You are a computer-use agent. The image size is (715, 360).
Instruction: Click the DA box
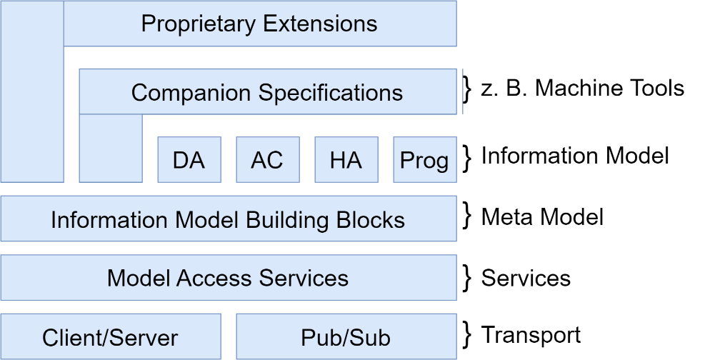[x=189, y=160]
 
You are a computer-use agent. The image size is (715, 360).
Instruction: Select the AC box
[x=267, y=160]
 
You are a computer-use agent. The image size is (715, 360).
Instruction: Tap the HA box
[x=346, y=160]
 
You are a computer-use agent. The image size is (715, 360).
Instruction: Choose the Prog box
[x=424, y=160]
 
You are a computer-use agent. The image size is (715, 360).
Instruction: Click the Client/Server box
[x=110, y=337]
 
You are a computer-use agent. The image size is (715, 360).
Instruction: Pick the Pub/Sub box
[x=346, y=337]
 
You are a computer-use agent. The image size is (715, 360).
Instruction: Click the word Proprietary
[x=199, y=24]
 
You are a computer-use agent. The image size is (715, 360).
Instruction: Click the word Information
[x=109, y=220]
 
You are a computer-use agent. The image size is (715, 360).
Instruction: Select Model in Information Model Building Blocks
[x=206, y=220]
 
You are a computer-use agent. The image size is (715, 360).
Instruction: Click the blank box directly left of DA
[x=110, y=149]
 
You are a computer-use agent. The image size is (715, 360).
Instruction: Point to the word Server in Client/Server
[x=146, y=337]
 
